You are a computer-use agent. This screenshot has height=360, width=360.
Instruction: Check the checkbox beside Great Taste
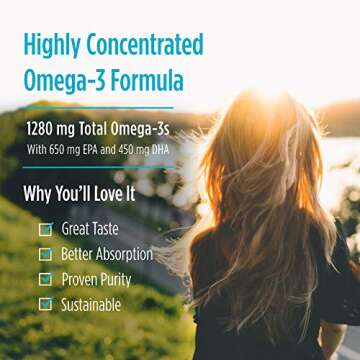(x=45, y=229)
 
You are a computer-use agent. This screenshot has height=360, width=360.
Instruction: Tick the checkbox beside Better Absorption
(x=45, y=254)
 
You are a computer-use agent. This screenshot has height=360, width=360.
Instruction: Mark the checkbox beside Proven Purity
(x=45, y=279)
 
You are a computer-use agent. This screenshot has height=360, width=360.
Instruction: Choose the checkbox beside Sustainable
(x=45, y=304)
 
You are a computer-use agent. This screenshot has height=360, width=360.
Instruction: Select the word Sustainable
(x=91, y=304)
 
